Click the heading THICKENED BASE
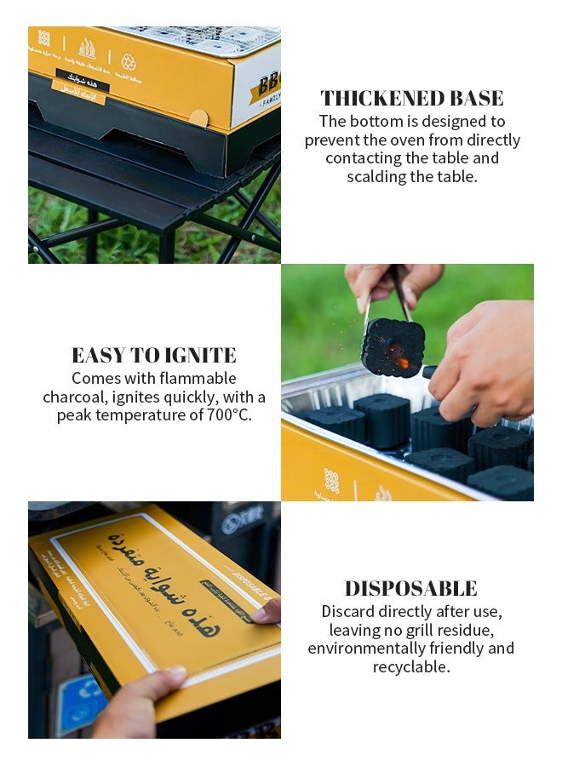click(412, 98)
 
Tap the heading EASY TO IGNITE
click(153, 355)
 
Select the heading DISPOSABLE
click(410, 588)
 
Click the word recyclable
click(410, 667)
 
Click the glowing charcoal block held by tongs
click(393, 347)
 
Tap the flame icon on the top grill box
click(87, 48)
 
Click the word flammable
click(196, 378)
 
